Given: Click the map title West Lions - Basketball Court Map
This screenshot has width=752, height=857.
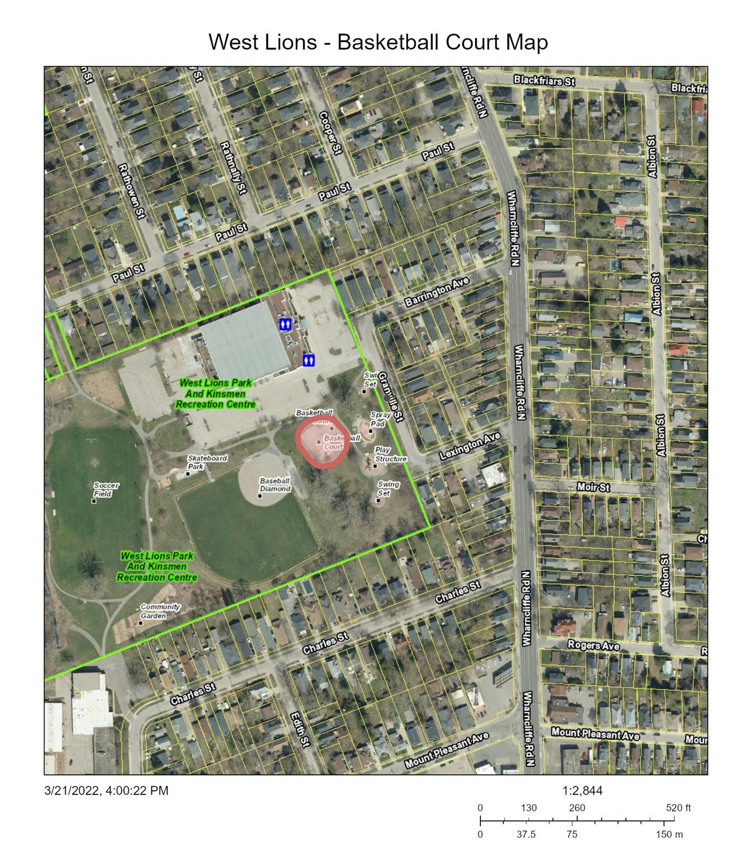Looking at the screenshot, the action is tap(378, 42).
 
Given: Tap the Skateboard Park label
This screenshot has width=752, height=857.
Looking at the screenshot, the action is tap(207, 462).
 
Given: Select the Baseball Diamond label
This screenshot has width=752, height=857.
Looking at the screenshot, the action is tap(274, 484).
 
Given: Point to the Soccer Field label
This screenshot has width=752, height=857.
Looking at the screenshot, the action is tap(106, 489).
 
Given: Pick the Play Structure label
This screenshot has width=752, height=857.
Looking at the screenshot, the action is tap(390, 454).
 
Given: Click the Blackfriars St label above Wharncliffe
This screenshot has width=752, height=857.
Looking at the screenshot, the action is tap(544, 81).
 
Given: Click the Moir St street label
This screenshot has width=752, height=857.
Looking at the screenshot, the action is tap(593, 487).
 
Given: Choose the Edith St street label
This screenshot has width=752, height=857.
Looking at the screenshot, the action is tap(299, 729).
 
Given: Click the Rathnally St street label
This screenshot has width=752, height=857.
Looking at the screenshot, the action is tap(233, 167).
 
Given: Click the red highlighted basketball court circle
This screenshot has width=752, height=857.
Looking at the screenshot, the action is tap(321, 443).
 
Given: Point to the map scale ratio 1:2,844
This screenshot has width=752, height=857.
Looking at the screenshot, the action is tap(582, 791).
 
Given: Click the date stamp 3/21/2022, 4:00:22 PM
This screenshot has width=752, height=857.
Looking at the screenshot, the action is tap(106, 791).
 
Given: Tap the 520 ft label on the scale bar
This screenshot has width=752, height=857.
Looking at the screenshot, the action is tap(678, 808).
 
